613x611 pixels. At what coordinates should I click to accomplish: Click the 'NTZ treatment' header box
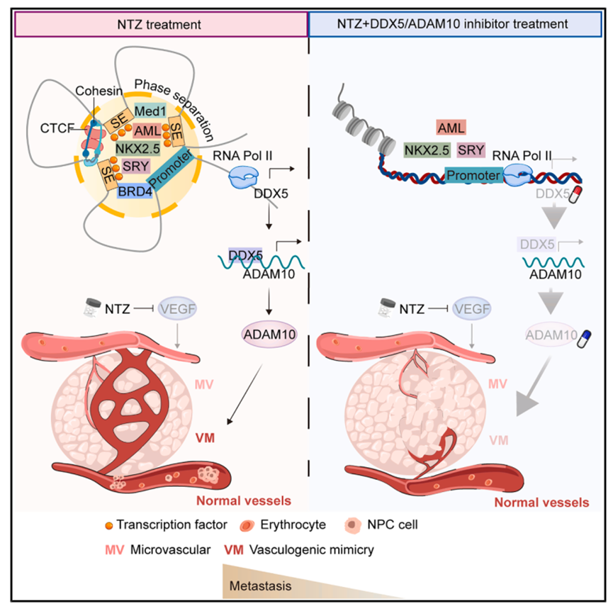click(x=159, y=23)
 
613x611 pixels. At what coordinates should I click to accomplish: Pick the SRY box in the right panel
click(x=471, y=150)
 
